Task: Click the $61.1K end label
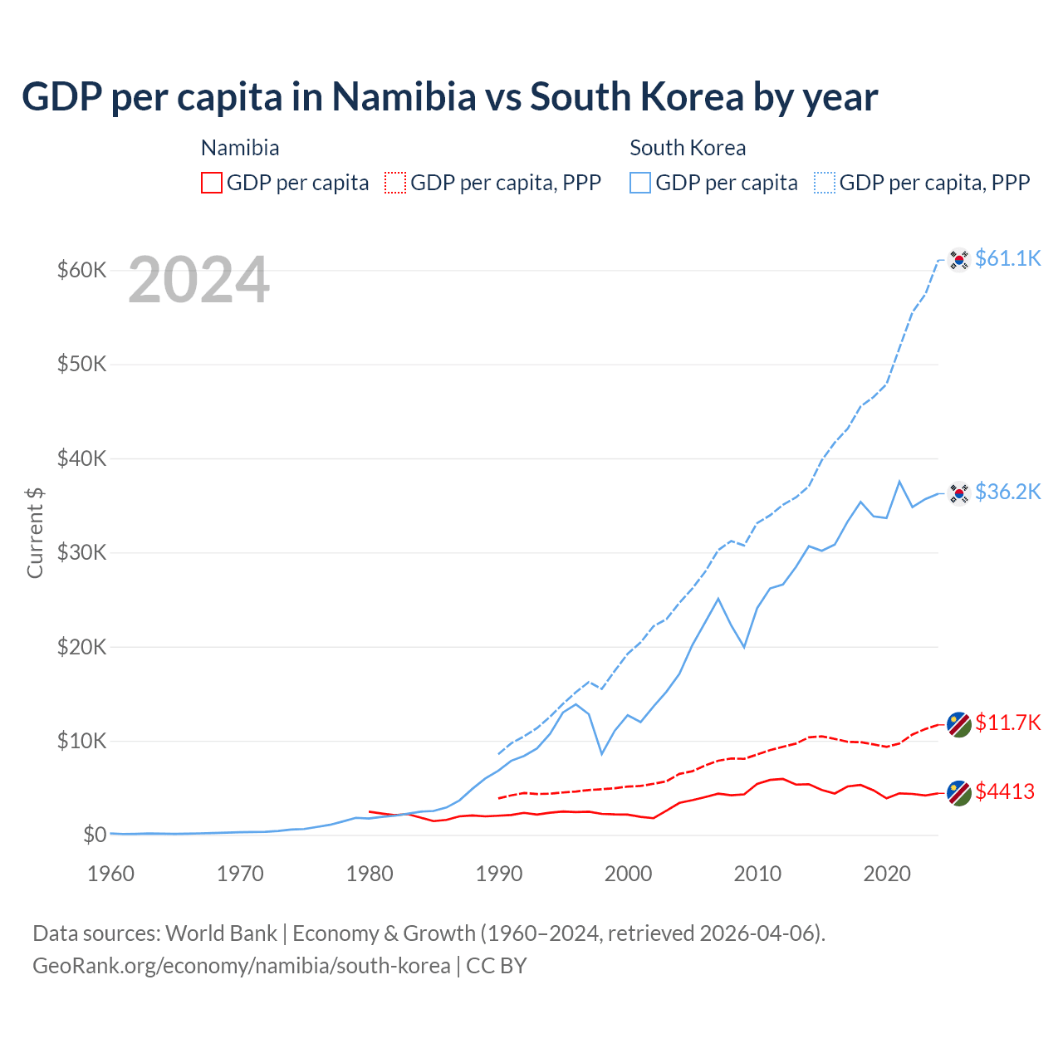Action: tap(1007, 258)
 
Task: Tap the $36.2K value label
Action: tap(1007, 492)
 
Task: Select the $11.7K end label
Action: tap(1007, 723)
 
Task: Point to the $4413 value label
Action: tap(1004, 791)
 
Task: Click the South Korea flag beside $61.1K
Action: tap(959, 260)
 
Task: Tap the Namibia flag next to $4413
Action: tap(959, 793)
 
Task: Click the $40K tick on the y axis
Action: tap(81, 458)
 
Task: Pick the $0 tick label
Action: tap(95, 835)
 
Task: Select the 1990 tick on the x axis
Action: tap(499, 874)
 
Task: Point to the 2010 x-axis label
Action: tap(757, 874)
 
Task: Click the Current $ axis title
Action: tap(35, 532)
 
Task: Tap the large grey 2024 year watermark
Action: tap(198, 280)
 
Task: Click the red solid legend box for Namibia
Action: tap(212, 183)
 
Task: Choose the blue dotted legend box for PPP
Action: tap(825, 183)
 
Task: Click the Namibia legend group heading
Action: tap(240, 148)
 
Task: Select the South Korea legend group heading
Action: tap(688, 148)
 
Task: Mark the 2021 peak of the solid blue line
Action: tap(899, 481)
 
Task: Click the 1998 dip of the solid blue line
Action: tap(602, 754)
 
